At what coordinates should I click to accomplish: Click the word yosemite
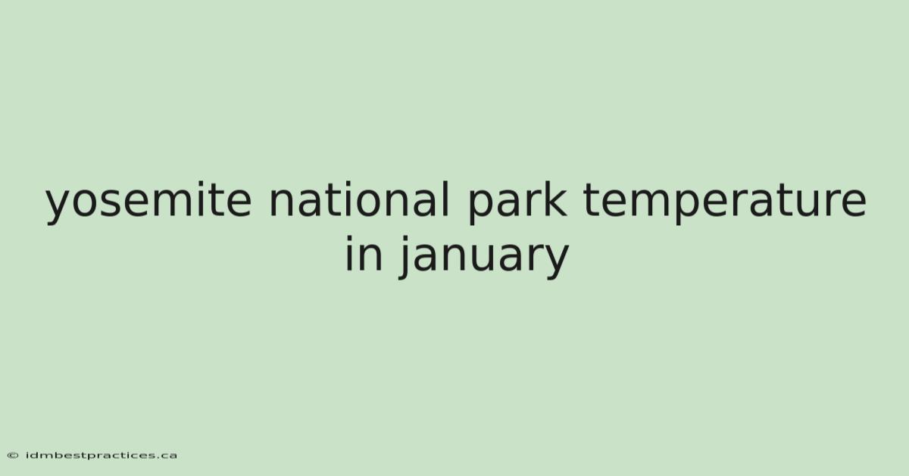[148, 202]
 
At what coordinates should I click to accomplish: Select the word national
[359, 199]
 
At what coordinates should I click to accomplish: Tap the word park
[517, 202]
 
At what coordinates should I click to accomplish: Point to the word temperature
[725, 202]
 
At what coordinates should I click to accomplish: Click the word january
[483, 257]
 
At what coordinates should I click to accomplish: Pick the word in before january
[364, 253]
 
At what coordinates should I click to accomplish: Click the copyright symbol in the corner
[13, 456]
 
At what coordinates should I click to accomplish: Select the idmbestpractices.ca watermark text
[101, 456]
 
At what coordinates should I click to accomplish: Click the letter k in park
[554, 199]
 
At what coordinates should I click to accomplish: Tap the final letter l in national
[446, 199]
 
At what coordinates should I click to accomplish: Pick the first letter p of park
[482, 206]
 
